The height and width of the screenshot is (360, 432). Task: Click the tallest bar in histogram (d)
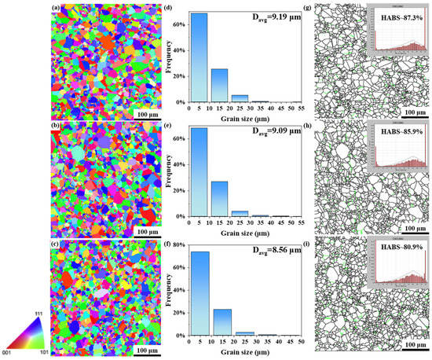(200, 55)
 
